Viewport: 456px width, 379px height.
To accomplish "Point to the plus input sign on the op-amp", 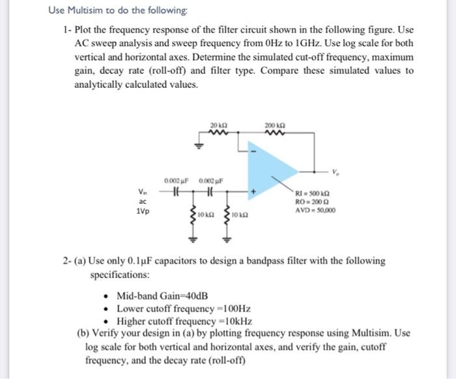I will coord(253,192).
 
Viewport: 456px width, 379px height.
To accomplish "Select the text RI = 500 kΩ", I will coord(313,193).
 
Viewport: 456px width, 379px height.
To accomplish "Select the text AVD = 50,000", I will coord(315,210).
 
